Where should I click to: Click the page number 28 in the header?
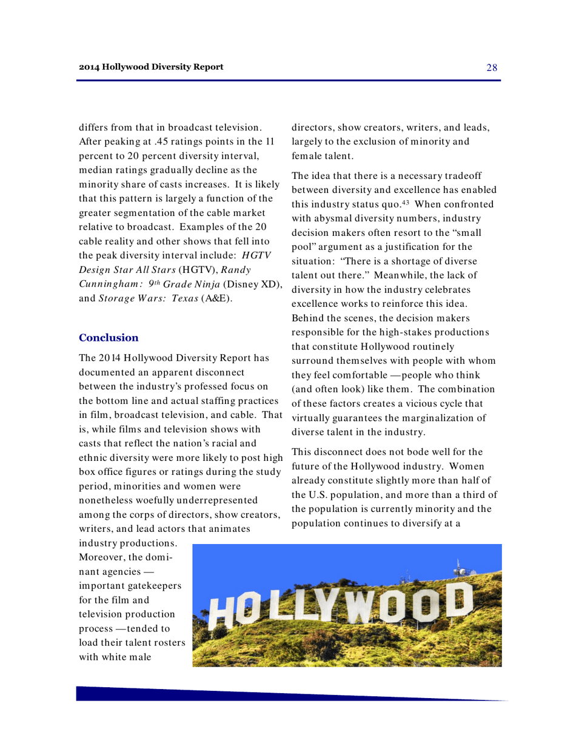coord(492,67)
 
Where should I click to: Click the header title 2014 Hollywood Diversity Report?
coord(151,66)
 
